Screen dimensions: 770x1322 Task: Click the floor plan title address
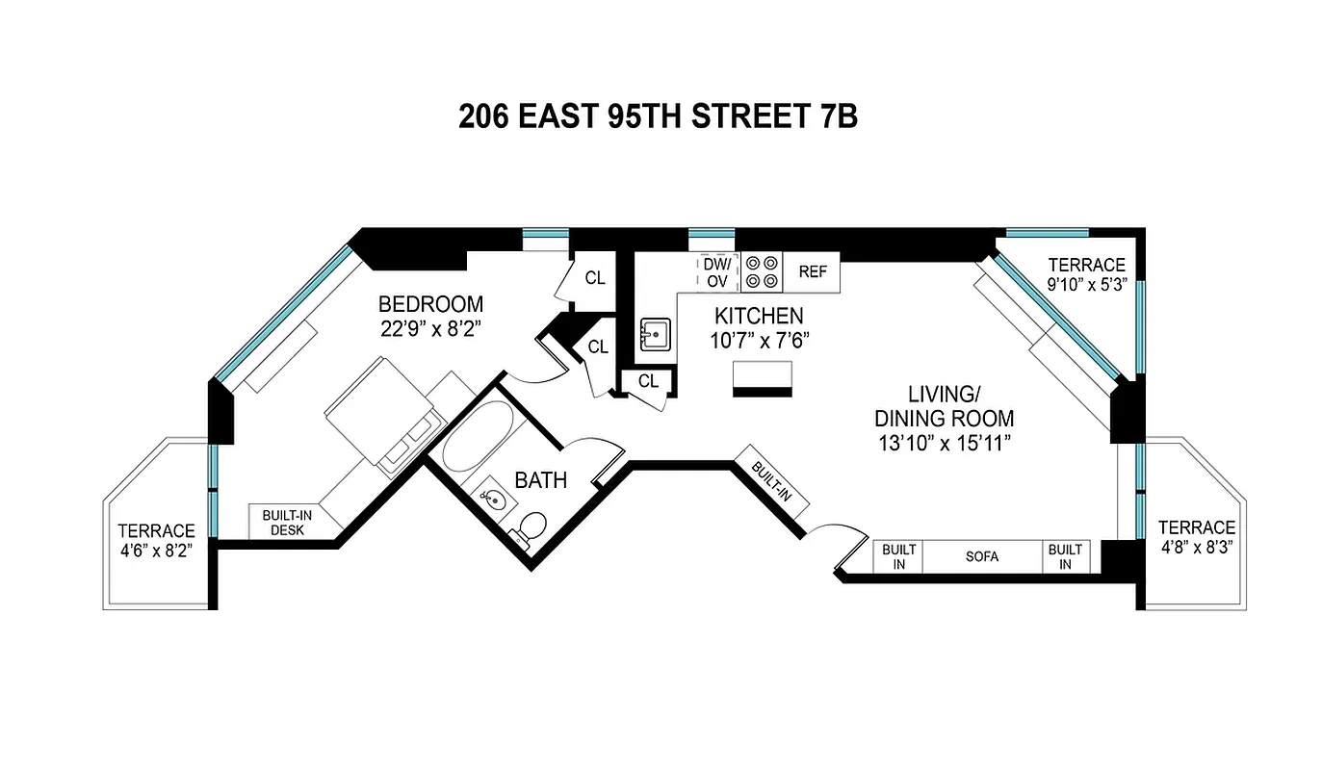658,116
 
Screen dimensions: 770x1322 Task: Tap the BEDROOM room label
430,304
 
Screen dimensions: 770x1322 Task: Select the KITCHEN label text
758,316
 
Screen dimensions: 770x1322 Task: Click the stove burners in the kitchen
762,271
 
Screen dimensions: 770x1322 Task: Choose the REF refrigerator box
812,271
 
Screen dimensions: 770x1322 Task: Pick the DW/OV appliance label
717,271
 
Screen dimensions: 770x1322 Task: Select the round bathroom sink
491,499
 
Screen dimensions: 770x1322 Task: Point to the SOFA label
982,556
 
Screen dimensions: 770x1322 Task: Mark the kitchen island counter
763,377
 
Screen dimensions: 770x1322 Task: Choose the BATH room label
540,480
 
